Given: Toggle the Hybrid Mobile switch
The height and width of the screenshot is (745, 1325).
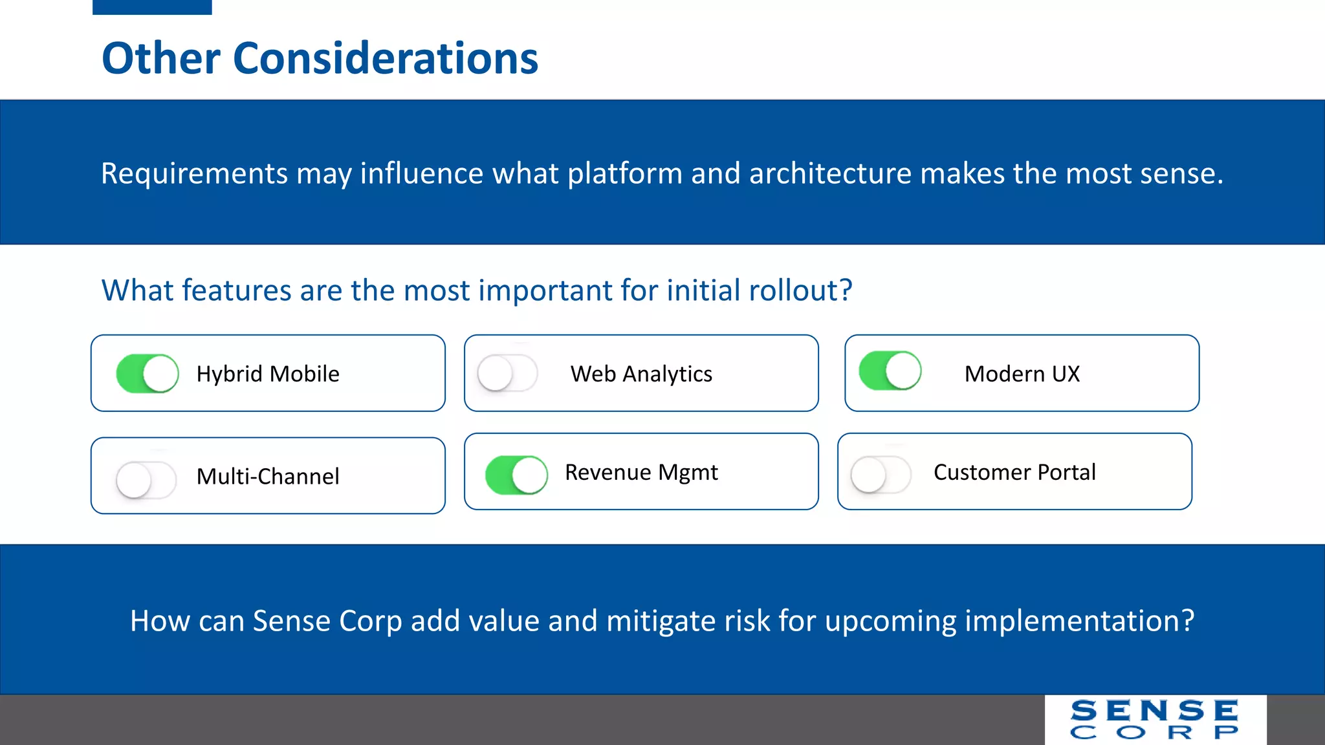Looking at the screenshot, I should tap(148, 373).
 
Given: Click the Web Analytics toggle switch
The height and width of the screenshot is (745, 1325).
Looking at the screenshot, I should tap(507, 373).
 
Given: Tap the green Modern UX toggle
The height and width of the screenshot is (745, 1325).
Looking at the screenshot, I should tap(890, 371).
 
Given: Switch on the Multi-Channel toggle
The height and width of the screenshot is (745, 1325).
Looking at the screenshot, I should tap(146, 479).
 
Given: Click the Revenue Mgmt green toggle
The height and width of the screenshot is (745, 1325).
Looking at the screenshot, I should tap(516, 475).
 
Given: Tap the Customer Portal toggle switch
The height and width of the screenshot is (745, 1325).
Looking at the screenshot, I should tap(881, 475).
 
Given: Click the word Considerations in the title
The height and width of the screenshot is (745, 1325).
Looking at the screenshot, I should tap(385, 58).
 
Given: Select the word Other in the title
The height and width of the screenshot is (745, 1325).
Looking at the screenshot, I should tap(161, 58).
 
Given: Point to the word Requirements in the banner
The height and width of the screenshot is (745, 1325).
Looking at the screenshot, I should tap(194, 173).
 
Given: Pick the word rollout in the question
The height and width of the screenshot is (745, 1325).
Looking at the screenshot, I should tap(793, 290).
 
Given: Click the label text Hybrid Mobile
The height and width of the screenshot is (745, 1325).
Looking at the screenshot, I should tap(268, 374).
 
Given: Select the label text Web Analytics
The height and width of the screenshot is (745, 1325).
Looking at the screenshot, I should tap(641, 374).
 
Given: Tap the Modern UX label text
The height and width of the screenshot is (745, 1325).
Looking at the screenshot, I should tap(1022, 374).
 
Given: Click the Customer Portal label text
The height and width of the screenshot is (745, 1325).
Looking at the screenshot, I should tap(1014, 472).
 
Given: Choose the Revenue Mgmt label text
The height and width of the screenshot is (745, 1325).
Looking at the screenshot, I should tap(641, 472).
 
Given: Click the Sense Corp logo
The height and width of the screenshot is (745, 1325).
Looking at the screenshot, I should tap(1155, 719).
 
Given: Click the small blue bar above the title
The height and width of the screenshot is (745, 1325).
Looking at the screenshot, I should tap(152, 6).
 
